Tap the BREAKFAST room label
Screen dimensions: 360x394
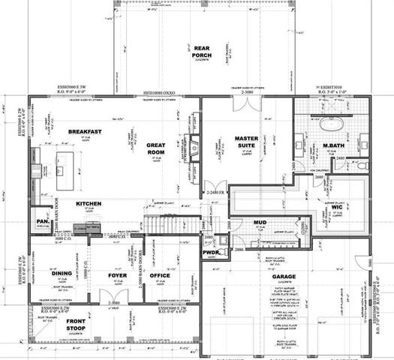[85, 132]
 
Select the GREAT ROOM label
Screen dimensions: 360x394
[157, 149]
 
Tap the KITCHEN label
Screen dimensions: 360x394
[88, 204]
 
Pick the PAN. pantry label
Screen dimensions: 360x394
[41, 222]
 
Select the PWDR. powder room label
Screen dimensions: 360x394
[210, 253]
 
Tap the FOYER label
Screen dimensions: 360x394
[117, 275]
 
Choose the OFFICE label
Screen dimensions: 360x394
[160, 275]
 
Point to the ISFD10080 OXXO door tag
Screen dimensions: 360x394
[159, 94]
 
